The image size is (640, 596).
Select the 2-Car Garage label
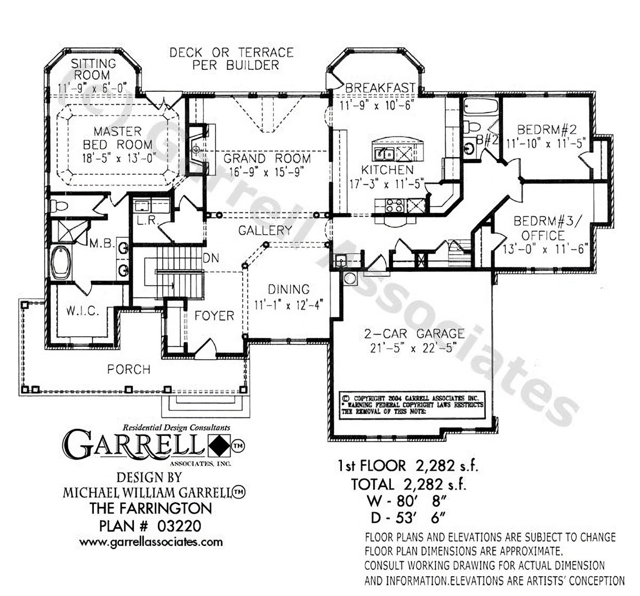pyautogui.click(x=414, y=334)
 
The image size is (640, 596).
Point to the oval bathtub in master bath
pyautogui.click(x=62, y=262)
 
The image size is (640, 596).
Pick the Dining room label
pyautogui.click(x=289, y=289)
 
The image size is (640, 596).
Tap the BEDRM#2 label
pyautogui.click(x=546, y=130)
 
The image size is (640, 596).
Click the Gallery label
pyautogui.click(x=265, y=230)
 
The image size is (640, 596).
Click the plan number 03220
pyautogui.click(x=179, y=526)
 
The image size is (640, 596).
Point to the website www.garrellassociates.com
pyautogui.click(x=151, y=542)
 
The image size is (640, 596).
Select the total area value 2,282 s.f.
pyautogui.click(x=430, y=484)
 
